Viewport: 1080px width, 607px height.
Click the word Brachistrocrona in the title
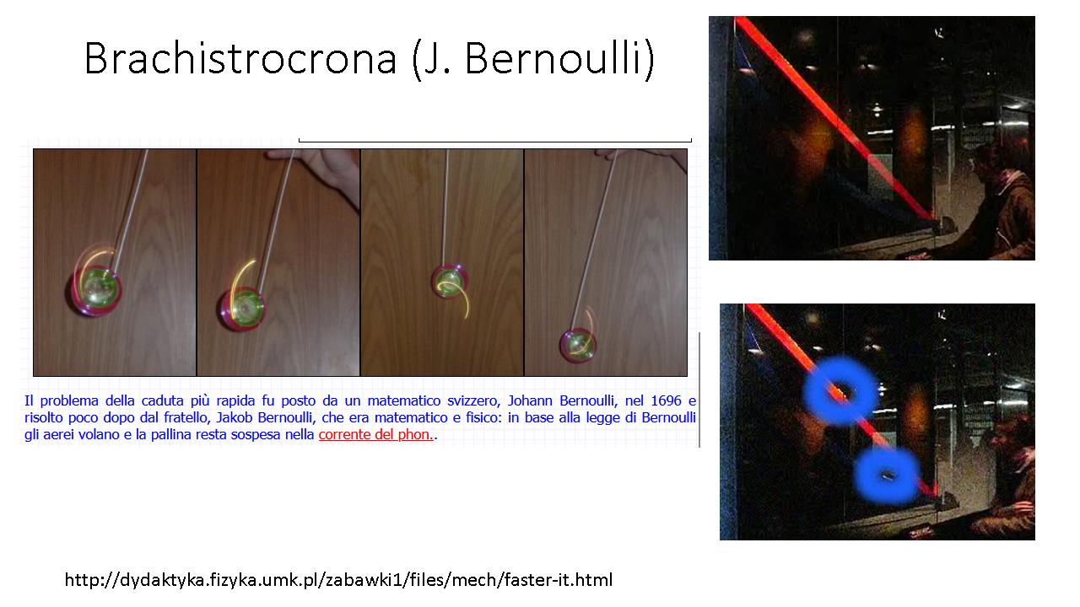click(x=240, y=58)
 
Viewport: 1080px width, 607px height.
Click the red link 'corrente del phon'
click(x=375, y=434)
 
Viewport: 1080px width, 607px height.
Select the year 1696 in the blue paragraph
click(x=666, y=400)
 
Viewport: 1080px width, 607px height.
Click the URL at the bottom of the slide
click(x=338, y=579)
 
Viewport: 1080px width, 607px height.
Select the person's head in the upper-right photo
click(x=991, y=161)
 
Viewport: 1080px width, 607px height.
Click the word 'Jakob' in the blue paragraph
click(x=235, y=417)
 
